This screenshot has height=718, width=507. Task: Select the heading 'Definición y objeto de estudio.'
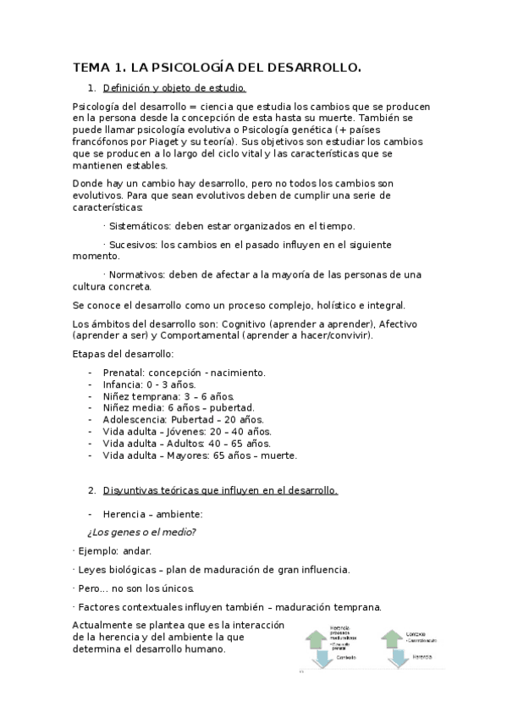point(174,87)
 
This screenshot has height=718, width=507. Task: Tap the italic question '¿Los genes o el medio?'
point(141,532)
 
